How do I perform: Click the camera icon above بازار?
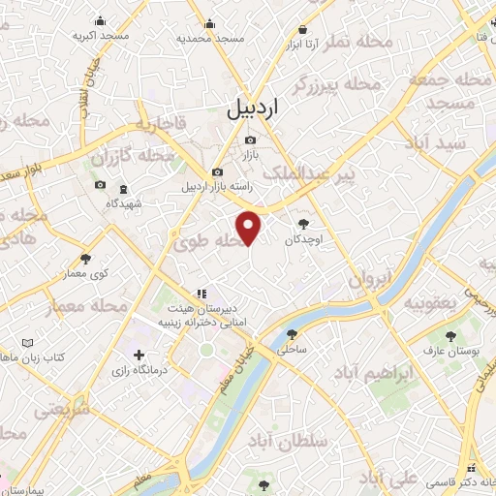click(250, 141)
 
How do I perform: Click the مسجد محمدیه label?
click(209, 38)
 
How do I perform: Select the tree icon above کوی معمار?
click(86, 259)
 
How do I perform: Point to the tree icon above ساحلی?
click(292, 334)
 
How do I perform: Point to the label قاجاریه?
click(159, 124)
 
